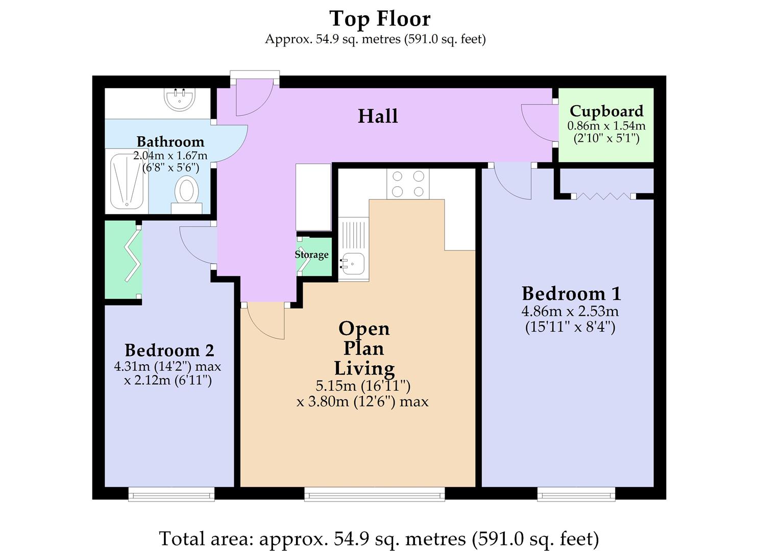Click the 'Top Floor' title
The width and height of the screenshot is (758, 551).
pyautogui.click(x=380, y=19)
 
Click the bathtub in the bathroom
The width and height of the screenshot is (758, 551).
pyautogui.click(x=127, y=181)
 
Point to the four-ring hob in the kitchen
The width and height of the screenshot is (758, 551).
pyautogui.click(x=408, y=184)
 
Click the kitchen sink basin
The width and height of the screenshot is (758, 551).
pyautogui.click(x=352, y=263)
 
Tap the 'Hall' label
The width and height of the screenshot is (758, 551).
pyautogui.click(x=378, y=116)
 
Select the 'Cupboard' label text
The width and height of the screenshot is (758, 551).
pyautogui.click(x=606, y=111)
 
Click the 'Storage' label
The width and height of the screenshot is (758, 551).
pyautogui.click(x=311, y=255)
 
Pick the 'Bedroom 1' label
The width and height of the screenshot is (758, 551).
pyautogui.click(x=571, y=293)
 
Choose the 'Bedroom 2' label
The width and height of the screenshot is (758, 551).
pyautogui.click(x=169, y=350)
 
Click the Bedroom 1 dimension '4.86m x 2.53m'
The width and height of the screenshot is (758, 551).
pyautogui.click(x=570, y=311)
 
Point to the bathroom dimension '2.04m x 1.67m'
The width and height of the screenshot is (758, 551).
pyautogui.click(x=170, y=155)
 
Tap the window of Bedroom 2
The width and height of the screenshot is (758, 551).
pyautogui.click(x=171, y=493)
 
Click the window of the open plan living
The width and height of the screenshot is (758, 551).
pyautogui.click(x=374, y=493)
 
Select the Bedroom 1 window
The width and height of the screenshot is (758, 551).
pyautogui.click(x=576, y=493)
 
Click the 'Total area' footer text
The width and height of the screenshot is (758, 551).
pyautogui.click(x=379, y=539)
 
